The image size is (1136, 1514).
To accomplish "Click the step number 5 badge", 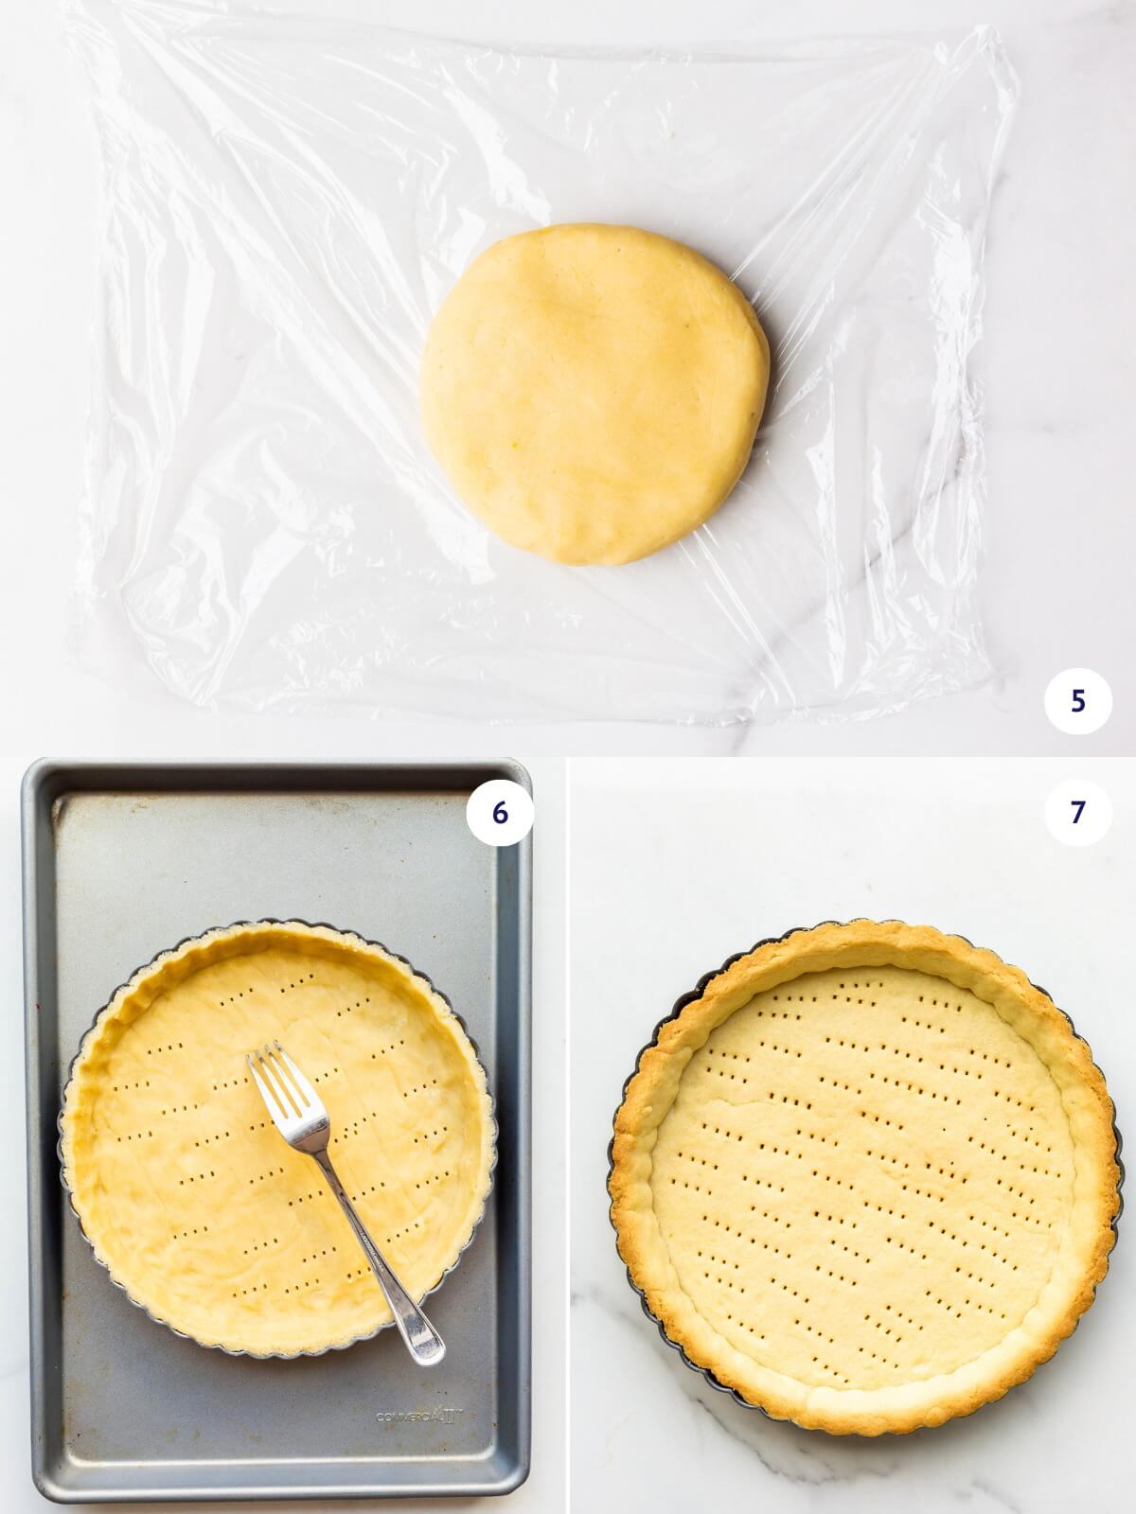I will [x=1076, y=701].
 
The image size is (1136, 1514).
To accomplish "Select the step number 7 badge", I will [x=1076, y=813].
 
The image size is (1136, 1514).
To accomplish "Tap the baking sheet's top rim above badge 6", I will [x=275, y=766].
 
